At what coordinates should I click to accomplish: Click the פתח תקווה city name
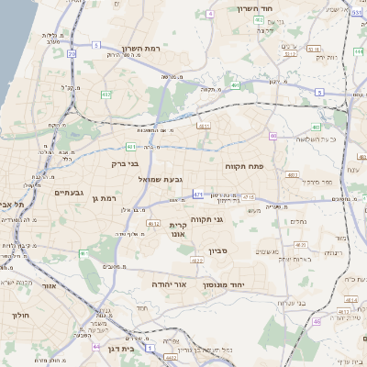(245, 167)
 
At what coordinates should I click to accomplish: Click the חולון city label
(19, 315)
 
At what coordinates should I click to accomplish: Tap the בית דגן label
(119, 349)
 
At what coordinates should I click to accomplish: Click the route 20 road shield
(72, 54)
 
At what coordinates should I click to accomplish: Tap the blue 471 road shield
(198, 195)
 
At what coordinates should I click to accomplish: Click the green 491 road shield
(235, 85)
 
